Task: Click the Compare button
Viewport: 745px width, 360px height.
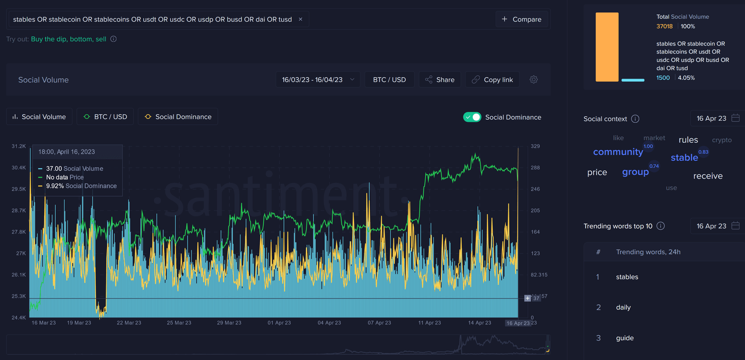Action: point(521,19)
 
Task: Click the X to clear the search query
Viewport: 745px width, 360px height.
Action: point(300,19)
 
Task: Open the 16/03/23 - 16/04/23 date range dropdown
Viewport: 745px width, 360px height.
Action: point(318,80)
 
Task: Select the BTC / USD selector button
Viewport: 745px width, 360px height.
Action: point(389,80)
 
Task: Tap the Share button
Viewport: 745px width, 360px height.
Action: point(439,80)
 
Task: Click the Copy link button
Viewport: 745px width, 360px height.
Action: point(492,80)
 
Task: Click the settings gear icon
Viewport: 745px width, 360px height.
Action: point(534,80)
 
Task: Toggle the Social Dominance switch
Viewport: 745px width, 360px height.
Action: point(472,117)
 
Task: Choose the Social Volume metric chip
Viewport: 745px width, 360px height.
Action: point(39,116)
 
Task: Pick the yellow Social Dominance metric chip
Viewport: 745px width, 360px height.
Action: point(178,116)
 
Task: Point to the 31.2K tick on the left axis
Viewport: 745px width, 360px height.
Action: point(19,146)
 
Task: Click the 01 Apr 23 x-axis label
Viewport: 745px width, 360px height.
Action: point(279,323)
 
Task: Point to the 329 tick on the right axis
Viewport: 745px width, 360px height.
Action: point(535,146)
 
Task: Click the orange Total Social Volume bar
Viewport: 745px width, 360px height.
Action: point(607,47)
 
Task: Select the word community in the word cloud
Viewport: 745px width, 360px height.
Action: point(617,152)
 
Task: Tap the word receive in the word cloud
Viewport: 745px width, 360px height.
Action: point(708,176)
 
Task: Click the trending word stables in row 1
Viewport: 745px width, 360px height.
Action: point(627,277)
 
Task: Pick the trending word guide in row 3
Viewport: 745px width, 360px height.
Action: point(625,338)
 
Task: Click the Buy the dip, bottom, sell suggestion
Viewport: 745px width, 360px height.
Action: point(68,39)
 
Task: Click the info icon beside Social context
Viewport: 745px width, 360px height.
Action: point(635,119)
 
